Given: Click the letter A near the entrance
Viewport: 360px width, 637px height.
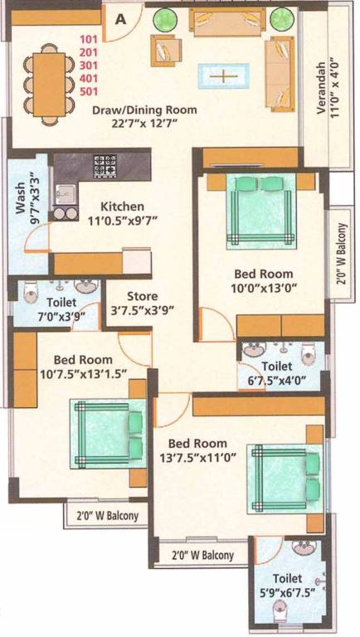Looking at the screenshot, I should tap(121, 20).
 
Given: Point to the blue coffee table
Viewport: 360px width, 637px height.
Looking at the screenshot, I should tap(222, 75).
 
